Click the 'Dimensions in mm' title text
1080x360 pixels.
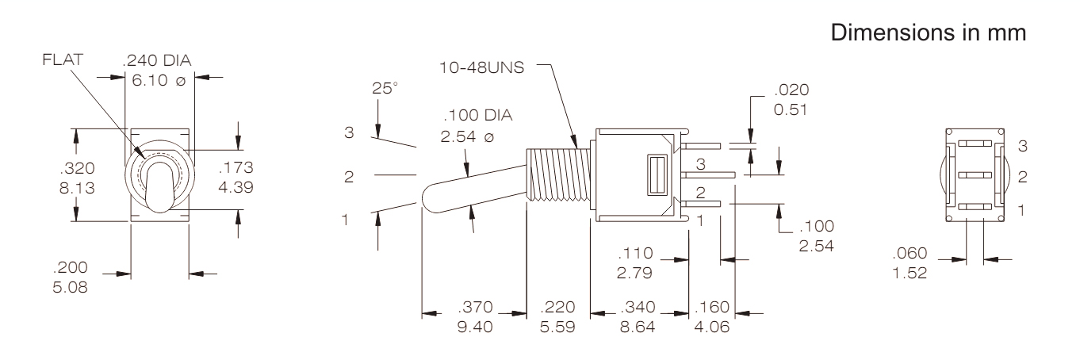928,33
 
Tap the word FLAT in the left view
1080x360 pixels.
63,59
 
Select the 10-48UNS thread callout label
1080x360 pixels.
481,67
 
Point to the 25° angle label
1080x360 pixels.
385,88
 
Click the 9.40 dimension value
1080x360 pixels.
475,327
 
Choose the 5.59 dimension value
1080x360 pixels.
557,327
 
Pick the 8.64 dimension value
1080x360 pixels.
638,327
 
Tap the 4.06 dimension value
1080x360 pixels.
712,327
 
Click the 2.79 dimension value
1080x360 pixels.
634,273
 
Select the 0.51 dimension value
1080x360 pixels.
791,109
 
